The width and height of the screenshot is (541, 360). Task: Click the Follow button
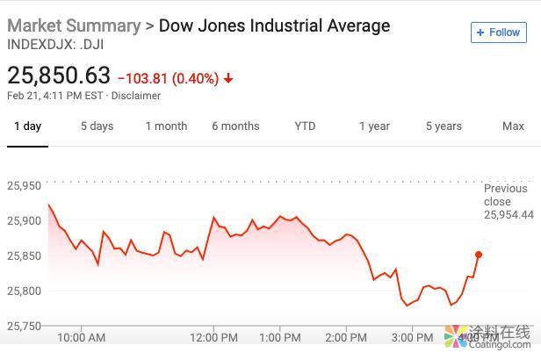(x=498, y=32)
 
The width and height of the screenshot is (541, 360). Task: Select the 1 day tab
(x=27, y=126)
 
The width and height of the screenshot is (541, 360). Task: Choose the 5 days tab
(x=97, y=126)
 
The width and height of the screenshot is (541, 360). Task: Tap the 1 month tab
(x=166, y=126)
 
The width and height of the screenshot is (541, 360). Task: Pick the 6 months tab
(x=235, y=126)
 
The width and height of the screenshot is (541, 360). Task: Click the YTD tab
(x=305, y=126)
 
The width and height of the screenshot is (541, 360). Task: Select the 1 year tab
(x=374, y=126)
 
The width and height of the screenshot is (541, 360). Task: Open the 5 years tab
(x=444, y=126)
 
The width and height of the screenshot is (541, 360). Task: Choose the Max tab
(x=513, y=126)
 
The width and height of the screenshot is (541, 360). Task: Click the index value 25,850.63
(x=59, y=76)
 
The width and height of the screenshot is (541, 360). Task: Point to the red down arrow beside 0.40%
(x=228, y=79)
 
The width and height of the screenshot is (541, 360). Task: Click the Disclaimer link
(x=136, y=96)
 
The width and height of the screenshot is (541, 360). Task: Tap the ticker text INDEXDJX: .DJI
(x=55, y=44)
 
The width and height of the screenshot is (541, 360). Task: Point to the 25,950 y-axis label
(x=25, y=186)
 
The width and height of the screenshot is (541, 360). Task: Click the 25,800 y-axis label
(x=25, y=291)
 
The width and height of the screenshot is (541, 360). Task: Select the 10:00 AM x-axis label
(x=81, y=337)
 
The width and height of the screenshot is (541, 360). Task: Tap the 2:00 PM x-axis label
(x=345, y=337)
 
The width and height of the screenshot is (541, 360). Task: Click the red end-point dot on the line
(x=479, y=255)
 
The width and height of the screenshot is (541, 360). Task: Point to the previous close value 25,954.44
(x=509, y=214)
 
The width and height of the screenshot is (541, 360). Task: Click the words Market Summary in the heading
(x=73, y=25)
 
